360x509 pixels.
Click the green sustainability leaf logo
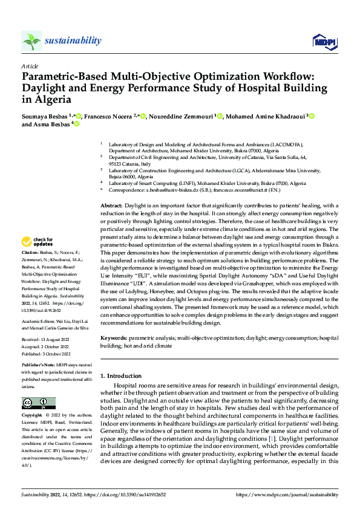point(31,41)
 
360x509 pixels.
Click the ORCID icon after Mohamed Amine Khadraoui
point(312,115)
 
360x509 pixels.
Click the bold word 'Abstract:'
point(112,206)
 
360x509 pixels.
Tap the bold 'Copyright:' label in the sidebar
point(32,416)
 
